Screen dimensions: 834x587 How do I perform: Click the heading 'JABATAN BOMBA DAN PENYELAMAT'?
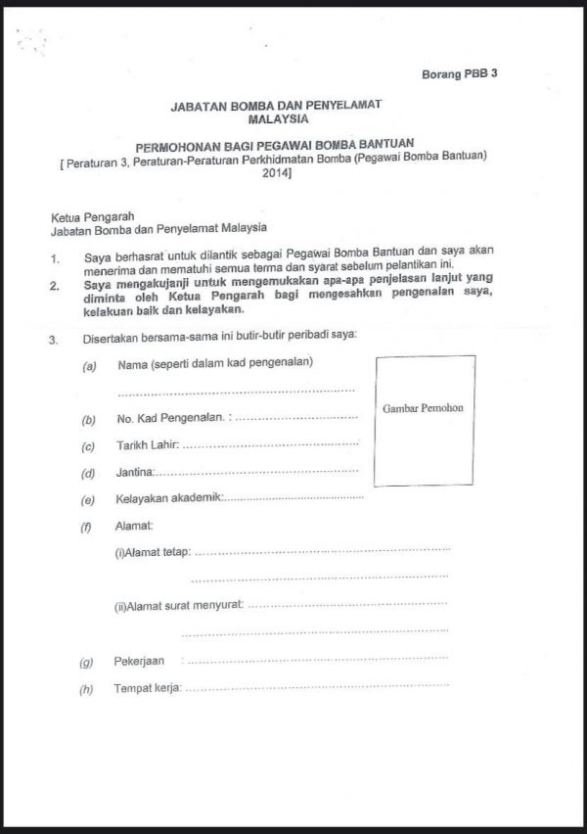[x=276, y=104]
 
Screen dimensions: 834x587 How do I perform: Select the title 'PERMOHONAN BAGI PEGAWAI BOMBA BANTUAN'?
[x=275, y=143]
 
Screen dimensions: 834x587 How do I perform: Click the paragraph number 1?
[x=58, y=259]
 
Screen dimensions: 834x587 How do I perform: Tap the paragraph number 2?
[x=58, y=286]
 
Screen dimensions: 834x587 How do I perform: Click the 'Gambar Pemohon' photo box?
[x=425, y=421]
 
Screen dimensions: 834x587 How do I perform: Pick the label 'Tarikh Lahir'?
[x=148, y=446]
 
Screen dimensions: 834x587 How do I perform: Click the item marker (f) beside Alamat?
[x=87, y=527]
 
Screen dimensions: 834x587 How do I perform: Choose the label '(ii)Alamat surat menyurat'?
[x=179, y=607]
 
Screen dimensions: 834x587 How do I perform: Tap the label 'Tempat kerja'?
[x=148, y=688]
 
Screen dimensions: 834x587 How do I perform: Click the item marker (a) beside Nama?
[x=89, y=365]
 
